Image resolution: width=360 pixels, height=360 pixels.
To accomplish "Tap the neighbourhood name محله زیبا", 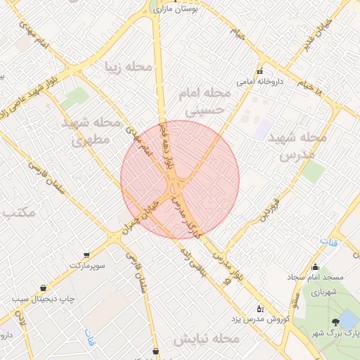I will click(129, 67).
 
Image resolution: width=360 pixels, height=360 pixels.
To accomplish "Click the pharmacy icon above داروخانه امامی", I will click(260, 71).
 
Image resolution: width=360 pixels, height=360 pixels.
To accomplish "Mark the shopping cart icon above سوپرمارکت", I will click(86, 255).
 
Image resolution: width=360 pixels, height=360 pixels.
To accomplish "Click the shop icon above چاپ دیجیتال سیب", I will click(44, 288).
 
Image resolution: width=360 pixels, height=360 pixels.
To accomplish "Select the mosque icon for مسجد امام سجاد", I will click(316, 266).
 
